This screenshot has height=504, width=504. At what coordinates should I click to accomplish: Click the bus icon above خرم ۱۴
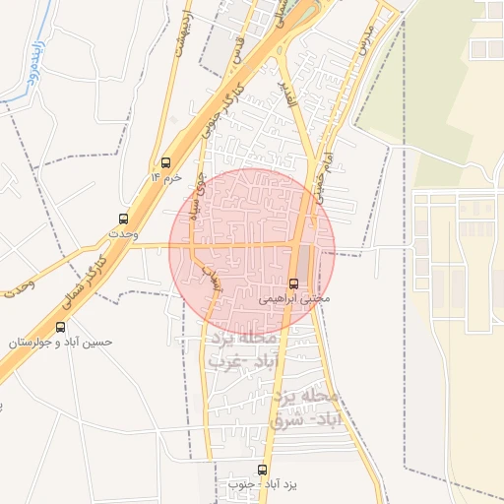click(x=165, y=162)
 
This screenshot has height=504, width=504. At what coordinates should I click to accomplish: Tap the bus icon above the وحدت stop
click(x=123, y=219)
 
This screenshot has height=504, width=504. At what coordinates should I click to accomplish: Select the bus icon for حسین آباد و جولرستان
click(x=61, y=327)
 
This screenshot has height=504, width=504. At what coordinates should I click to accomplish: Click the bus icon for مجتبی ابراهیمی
click(x=293, y=283)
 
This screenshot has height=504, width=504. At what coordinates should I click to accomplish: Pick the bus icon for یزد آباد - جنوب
click(x=262, y=470)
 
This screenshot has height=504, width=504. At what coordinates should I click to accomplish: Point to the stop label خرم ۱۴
click(x=166, y=176)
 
